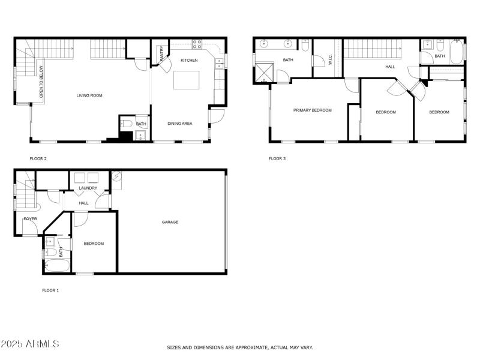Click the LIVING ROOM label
click(x=89, y=95)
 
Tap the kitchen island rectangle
click(x=186, y=80)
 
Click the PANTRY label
click(x=161, y=53)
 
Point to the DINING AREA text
click(x=179, y=124)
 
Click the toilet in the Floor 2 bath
click(x=127, y=124)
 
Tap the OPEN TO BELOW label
click(x=41, y=81)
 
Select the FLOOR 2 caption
click(x=38, y=159)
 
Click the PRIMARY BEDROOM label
click(x=312, y=110)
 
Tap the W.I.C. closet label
click(x=329, y=60)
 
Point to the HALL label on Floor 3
click(x=390, y=67)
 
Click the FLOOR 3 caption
click(x=277, y=159)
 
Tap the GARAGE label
click(x=170, y=222)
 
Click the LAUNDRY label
click(x=88, y=188)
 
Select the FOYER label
click(x=30, y=219)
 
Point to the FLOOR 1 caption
click(x=50, y=290)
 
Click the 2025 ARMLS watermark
click(x=30, y=344)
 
